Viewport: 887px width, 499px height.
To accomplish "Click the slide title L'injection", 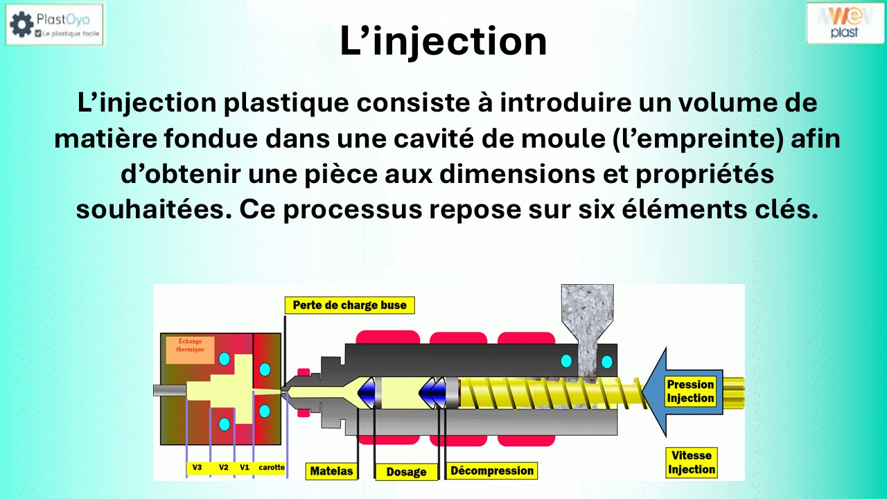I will pos(443,42).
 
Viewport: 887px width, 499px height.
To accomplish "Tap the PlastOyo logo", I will pos(55,24).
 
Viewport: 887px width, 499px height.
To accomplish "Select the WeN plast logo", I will pos(845,22).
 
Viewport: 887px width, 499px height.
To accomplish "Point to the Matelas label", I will pos(331,471).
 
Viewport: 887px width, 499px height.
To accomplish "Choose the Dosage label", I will pos(406,472).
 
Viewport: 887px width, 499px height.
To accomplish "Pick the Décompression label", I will pos(491,471).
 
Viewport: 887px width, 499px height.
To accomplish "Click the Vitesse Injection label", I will pos(691,462).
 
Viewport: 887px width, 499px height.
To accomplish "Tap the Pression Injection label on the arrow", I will pos(690,392).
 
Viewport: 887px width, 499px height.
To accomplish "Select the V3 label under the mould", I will pos(197,468).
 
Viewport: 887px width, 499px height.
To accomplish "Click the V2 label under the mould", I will pos(224,468).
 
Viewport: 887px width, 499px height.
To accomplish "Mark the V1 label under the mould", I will pos(244,468).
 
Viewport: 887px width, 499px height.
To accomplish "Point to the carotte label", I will pos(271,468).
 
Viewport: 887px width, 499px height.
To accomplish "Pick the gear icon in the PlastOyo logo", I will pos(21,24).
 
